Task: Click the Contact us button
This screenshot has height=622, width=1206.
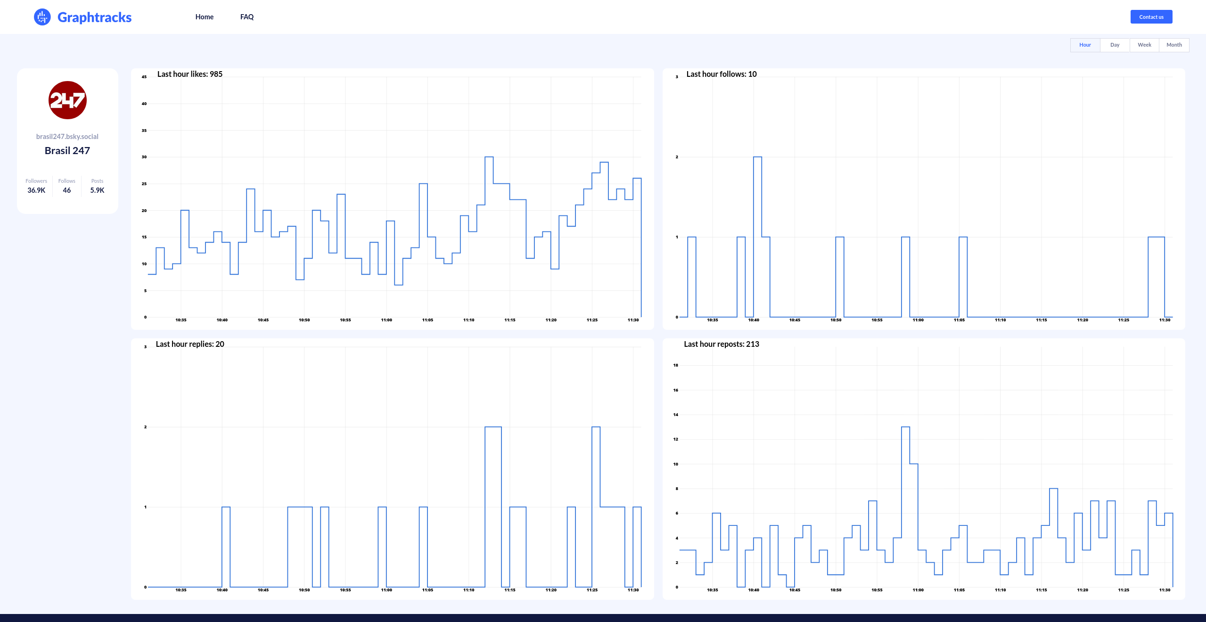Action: [1151, 17]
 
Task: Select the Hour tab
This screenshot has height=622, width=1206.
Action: [1085, 45]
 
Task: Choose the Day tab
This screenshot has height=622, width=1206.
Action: [1115, 45]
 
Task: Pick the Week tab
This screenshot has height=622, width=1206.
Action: [1144, 45]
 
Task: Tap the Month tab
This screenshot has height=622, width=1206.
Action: [1174, 45]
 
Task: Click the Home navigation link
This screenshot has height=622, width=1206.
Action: [204, 17]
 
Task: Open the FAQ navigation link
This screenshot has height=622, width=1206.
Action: [246, 17]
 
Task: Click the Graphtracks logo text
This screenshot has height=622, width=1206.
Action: [94, 17]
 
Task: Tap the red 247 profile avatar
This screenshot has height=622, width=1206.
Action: [67, 100]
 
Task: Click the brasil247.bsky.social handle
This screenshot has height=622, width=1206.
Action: [67, 137]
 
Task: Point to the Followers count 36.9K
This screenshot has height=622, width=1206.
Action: [36, 190]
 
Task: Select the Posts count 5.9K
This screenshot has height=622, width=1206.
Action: [97, 190]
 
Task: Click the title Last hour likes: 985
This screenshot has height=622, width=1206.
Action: [189, 74]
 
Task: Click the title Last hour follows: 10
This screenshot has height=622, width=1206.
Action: [721, 74]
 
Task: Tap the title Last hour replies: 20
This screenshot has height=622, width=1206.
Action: [189, 344]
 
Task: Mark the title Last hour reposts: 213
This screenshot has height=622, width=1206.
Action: [721, 344]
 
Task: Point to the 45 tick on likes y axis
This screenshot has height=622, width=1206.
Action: [144, 77]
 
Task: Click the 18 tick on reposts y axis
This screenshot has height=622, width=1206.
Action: [675, 365]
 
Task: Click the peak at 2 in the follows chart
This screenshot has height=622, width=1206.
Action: [757, 157]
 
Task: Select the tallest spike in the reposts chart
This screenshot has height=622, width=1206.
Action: [905, 427]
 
